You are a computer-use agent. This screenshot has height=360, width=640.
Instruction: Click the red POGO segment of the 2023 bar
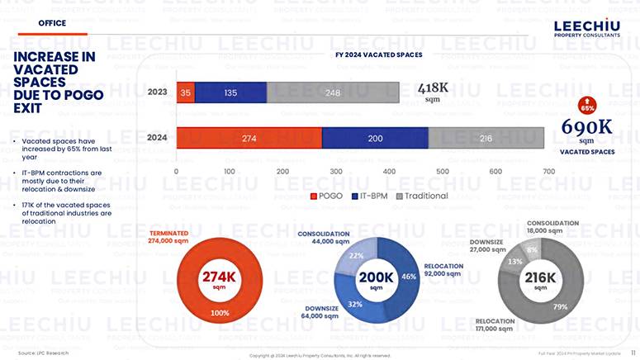[186, 92]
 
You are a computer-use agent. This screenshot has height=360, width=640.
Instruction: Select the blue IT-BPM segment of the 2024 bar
[375, 139]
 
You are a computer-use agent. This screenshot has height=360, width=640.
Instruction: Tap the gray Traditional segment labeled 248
[333, 92]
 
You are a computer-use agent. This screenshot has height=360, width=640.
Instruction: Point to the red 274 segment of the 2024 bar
[249, 139]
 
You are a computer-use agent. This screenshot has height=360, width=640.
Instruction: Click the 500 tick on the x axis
[443, 171]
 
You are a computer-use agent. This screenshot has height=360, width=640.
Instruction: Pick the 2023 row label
[157, 92]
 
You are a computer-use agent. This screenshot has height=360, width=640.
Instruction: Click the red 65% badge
[587, 107]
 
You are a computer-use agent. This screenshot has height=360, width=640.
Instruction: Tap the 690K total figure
[586, 127]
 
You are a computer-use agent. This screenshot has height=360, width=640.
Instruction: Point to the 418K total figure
[432, 88]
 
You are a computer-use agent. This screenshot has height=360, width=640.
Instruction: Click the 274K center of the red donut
[220, 279]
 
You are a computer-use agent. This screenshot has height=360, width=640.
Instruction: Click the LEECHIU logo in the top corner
[587, 29]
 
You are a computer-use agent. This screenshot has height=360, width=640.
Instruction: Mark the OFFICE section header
[52, 23]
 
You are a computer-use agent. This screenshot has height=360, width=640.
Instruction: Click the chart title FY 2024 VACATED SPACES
[378, 54]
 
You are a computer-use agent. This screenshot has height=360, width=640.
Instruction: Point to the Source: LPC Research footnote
[43, 353]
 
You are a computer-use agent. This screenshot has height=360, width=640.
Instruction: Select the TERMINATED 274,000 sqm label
[168, 238]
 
